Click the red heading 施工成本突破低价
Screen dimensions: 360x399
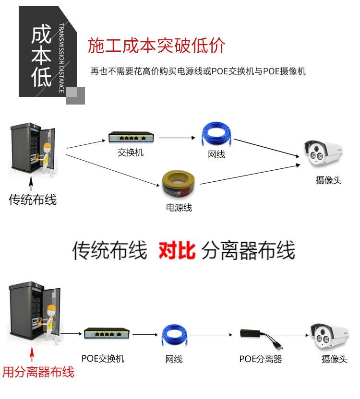pyautogui.click(x=156, y=46)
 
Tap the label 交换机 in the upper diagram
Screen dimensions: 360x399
pyautogui.click(x=131, y=153)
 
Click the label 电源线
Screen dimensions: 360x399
pyautogui.click(x=179, y=208)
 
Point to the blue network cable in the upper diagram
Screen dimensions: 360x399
pyautogui.click(x=216, y=134)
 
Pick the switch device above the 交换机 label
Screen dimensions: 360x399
pyautogui.click(x=131, y=138)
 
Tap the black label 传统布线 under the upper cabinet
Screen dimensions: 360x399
pyautogui.click(x=33, y=199)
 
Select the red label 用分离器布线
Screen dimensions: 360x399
pyautogui.click(x=38, y=372)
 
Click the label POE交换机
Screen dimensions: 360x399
pyautogui.click(x=103, y=359)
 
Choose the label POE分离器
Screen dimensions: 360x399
pyautogui.click(x=260, y=359)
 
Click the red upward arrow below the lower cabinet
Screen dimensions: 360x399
pyautogui.click(x=32, y=355)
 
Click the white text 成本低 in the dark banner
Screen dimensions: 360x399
pyautogui.click(x=42, y=56)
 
